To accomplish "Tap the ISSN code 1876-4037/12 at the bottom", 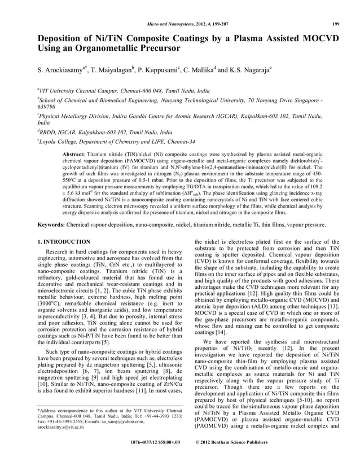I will pyautogui.click(x=146, y=458).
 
